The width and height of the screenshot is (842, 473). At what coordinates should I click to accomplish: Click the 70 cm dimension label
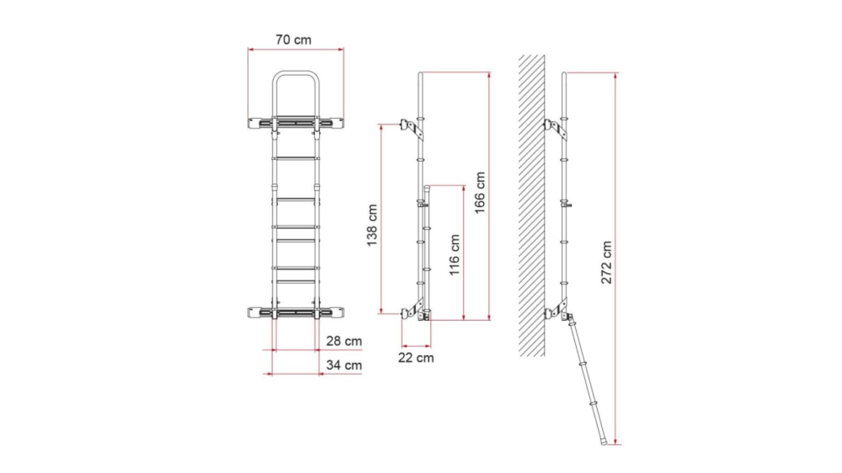pos(293,40)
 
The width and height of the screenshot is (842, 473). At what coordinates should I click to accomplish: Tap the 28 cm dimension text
pos(344,341)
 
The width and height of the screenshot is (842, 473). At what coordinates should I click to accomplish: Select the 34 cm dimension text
pos(344,365)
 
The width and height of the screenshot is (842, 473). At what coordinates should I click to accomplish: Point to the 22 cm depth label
pos(416,358)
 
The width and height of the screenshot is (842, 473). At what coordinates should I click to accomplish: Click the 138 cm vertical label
pos(372,225)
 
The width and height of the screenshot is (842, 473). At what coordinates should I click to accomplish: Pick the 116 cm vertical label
pos(454,255)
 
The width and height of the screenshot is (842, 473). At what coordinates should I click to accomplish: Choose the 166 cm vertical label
pos(480,193)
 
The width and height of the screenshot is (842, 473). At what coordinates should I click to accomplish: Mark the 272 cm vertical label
pos(607,263)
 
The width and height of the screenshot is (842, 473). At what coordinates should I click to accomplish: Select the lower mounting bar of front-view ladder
pos(295,312)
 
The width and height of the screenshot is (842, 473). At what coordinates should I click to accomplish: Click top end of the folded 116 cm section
pos(427,188)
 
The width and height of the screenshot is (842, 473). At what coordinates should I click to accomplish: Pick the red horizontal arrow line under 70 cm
pos(295,49)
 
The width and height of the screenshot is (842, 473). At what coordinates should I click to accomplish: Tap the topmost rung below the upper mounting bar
pos(295,158)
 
